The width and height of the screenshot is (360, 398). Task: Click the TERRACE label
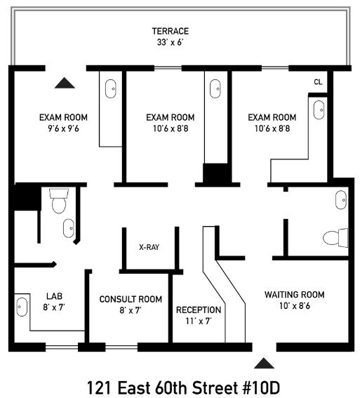(x=171, y=31)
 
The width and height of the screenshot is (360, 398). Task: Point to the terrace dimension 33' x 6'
(x=171, y=42)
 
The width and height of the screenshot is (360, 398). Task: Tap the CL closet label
(x=318, y=82)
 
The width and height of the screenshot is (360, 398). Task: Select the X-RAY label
(x=149, y=247)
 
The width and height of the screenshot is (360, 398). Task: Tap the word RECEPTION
(x=199, y=310)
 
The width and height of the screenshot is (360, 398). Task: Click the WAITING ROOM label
(x=294, y=294)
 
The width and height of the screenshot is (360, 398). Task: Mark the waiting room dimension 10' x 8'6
(x=294, y=306)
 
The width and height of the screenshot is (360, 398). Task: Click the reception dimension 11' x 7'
(x=199, y=321)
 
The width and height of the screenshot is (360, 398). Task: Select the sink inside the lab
(x=22, y=307)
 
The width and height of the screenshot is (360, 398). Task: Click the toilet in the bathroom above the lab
(x=58, y=201)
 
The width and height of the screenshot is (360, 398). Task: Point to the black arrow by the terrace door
(x=65, y=83)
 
